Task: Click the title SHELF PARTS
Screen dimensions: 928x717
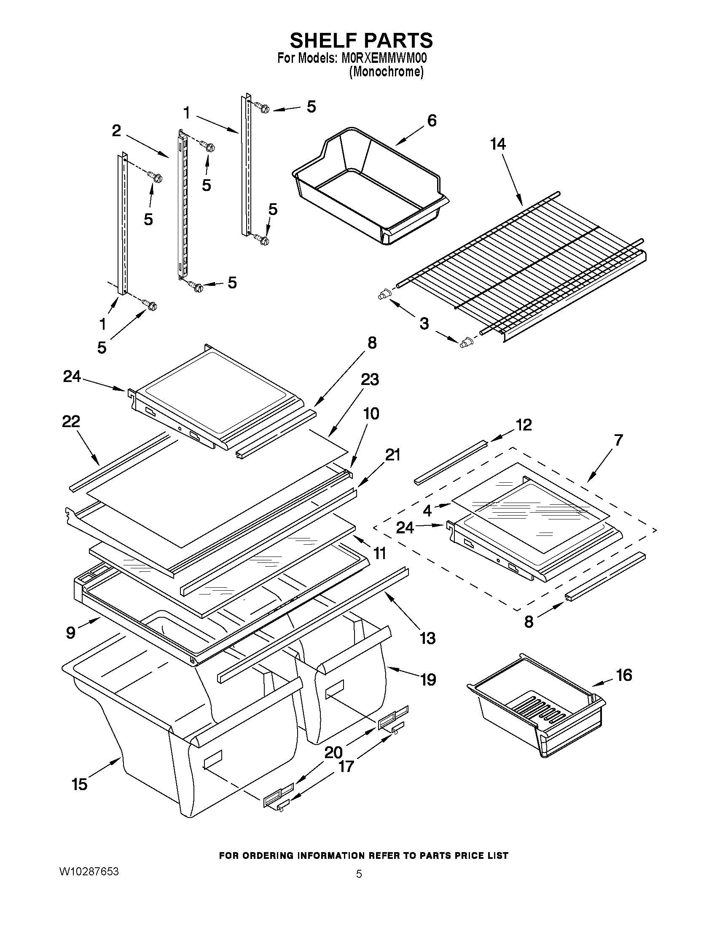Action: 361,41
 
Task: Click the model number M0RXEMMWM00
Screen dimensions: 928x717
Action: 384,58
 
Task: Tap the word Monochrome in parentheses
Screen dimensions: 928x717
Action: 386,72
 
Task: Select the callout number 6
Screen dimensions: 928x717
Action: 432,121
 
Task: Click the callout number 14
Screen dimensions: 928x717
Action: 498,145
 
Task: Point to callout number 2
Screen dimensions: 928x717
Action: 116,131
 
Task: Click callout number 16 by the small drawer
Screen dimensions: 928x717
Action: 624,675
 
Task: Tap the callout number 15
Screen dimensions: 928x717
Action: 79,784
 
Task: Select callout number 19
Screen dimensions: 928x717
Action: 428,679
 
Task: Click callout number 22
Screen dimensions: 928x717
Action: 71,422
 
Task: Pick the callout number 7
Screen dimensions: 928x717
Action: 618,440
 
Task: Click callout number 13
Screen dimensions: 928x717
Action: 427,638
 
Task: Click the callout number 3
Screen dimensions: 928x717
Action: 424,323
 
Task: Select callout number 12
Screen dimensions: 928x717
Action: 523,425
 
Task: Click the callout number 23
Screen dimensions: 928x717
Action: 370,379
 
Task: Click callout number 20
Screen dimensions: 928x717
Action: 333,753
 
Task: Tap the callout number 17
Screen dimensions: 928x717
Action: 346,766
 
